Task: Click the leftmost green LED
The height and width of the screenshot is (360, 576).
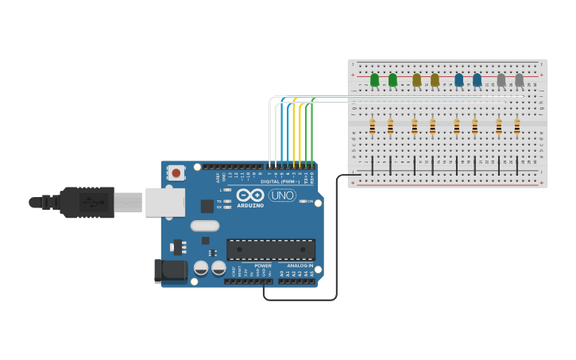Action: tap(374, 79)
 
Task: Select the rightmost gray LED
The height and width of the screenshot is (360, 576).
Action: tap(519, 79)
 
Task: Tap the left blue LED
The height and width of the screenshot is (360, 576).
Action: tap(458, 79)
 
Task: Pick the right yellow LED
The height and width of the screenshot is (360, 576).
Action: tap(435, 79)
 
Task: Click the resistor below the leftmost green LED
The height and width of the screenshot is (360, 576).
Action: tap(372, 126)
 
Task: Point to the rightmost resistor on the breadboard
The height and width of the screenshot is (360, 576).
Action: tap(516, 126)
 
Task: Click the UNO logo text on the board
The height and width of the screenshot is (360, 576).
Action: tap(282, 195)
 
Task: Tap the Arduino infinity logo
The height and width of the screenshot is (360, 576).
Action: tap(249, 195)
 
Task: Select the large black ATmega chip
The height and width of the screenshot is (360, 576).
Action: tap(271, 250)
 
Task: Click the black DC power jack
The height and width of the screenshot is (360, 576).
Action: tap(171, 270)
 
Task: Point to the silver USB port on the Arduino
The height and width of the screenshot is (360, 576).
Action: tap(164, 203)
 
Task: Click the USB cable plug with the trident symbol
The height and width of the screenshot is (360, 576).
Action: tap(88, 203)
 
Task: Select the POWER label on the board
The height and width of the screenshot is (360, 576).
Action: tap(263, 265)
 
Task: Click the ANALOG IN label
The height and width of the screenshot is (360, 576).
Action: tap(300, 265)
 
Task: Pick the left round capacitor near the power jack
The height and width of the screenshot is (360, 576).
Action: tap(202, 268)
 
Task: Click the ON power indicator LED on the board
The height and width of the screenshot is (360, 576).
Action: tap(303, 201)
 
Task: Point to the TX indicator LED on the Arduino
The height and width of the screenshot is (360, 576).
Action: tap(228, 201)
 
